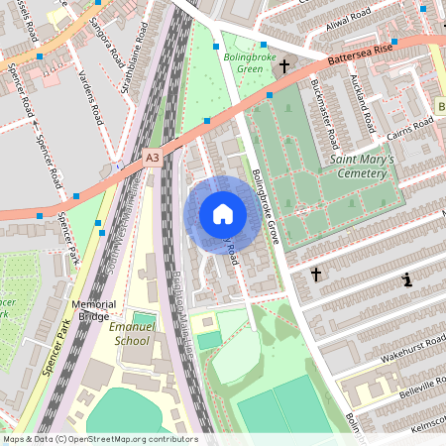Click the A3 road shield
click(152, 157)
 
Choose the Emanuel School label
click(130, 334)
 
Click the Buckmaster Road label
click(321, 106)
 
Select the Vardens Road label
click(88, 95)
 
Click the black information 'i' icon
click(406, 280)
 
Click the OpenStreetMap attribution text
click(99, 439)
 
